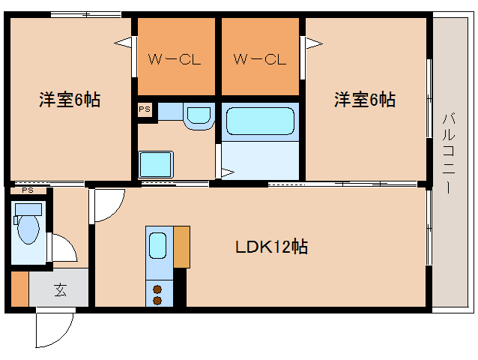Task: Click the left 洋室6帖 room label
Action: pyautogui.click(x=69, y=100)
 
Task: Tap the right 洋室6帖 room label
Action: pyautogui.click(x=364, y=100)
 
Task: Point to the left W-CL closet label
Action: pyautogui.click(x=175, y=59)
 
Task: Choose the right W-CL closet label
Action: pyautogui.click(x=259, y=59)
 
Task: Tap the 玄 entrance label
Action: pyautogui.click(x=60, y=289)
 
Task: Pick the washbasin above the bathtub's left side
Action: pyautogui.click(x=198, y=116)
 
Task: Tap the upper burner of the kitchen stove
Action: pyautogui.click(x=158, y=287)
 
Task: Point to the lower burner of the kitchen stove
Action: pyautogui.click(x=158, y=300)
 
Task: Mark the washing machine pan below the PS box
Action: pyautogui.click(x=157, y=162)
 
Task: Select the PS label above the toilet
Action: pyautogui.click(x=27, y=191)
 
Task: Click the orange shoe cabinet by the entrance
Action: pyautogui.click(x=19, y=289)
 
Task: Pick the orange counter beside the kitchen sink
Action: pyautogui.click(x=181, y=245)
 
